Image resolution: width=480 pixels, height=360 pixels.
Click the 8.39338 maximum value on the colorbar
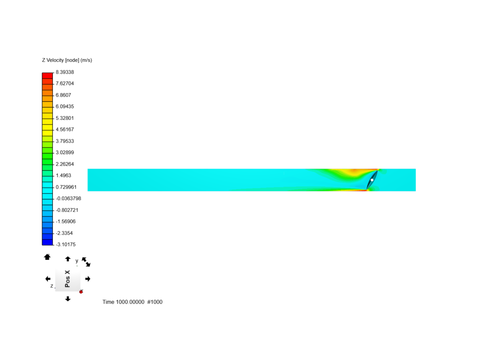pos(65,72)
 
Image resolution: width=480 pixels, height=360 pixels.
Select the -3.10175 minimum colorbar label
pos(66,244)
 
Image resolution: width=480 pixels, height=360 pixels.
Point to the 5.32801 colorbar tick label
pos(65,118)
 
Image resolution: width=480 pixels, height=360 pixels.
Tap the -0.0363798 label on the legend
pos(68,198)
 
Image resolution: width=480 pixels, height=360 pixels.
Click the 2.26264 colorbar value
pos(65,164)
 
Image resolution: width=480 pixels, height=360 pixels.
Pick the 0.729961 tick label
pos(66,187)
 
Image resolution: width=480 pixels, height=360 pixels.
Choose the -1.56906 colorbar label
pos(66,221)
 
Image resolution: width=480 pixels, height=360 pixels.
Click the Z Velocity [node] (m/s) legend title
pos(67,60)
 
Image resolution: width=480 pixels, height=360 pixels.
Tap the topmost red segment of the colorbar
pos(47,76)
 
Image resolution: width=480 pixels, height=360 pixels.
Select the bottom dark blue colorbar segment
pos(47,242)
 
